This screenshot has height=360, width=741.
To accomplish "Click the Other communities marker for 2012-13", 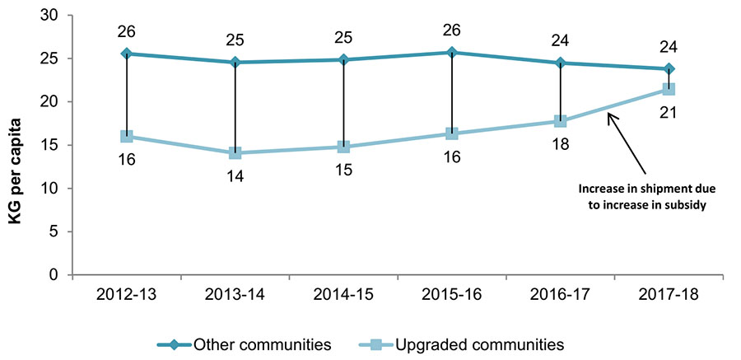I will point(127,54).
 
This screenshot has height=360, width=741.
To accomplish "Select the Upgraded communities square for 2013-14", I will point(235,152).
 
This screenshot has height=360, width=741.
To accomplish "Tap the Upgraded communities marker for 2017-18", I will point(669,89).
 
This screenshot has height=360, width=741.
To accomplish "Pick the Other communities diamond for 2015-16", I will point(452,53).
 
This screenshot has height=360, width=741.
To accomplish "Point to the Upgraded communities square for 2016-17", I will point(561,121).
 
